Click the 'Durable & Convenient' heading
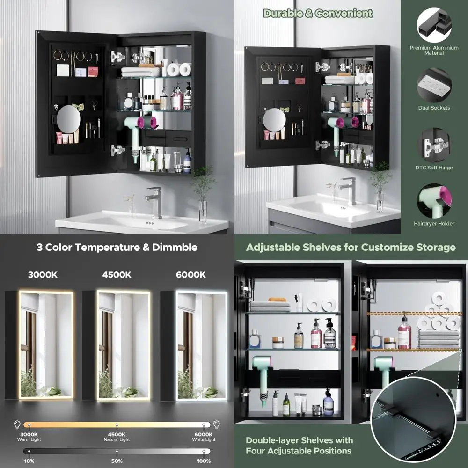click(318, 13)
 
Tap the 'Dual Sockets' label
click(434, 108)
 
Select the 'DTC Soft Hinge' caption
click(434, 168)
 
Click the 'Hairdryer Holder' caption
click(434, 224)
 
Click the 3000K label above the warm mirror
click(43, 275)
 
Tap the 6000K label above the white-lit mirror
click(190, 275)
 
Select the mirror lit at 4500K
click(124, 345)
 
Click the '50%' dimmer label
click(117, 461)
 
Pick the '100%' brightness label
click(204, 461)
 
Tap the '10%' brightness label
click(29, 461)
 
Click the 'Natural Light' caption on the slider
click(117, 439)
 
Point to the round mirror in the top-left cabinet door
click(68, 118)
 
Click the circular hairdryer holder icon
click(434, 201)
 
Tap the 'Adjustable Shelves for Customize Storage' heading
click(351, 247)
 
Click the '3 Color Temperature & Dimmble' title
click(117, 247)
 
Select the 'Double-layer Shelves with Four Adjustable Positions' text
click(299, 446)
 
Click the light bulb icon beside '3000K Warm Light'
click(17, 424)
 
